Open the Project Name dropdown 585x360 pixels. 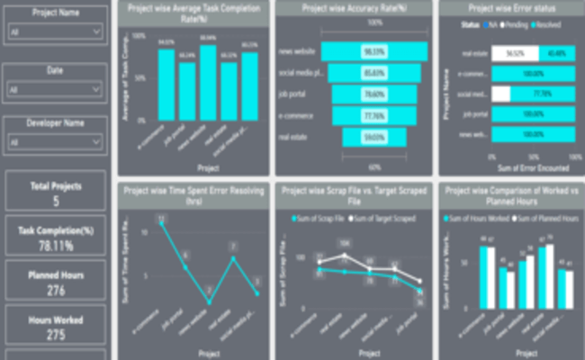pos(55,31)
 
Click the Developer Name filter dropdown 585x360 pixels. pos(55,141)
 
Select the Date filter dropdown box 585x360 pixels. pos(55,89)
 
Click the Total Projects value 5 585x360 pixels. pos(55,202)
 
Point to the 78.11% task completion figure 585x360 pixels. pos(55,244)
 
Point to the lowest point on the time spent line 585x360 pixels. pos(209,301)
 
